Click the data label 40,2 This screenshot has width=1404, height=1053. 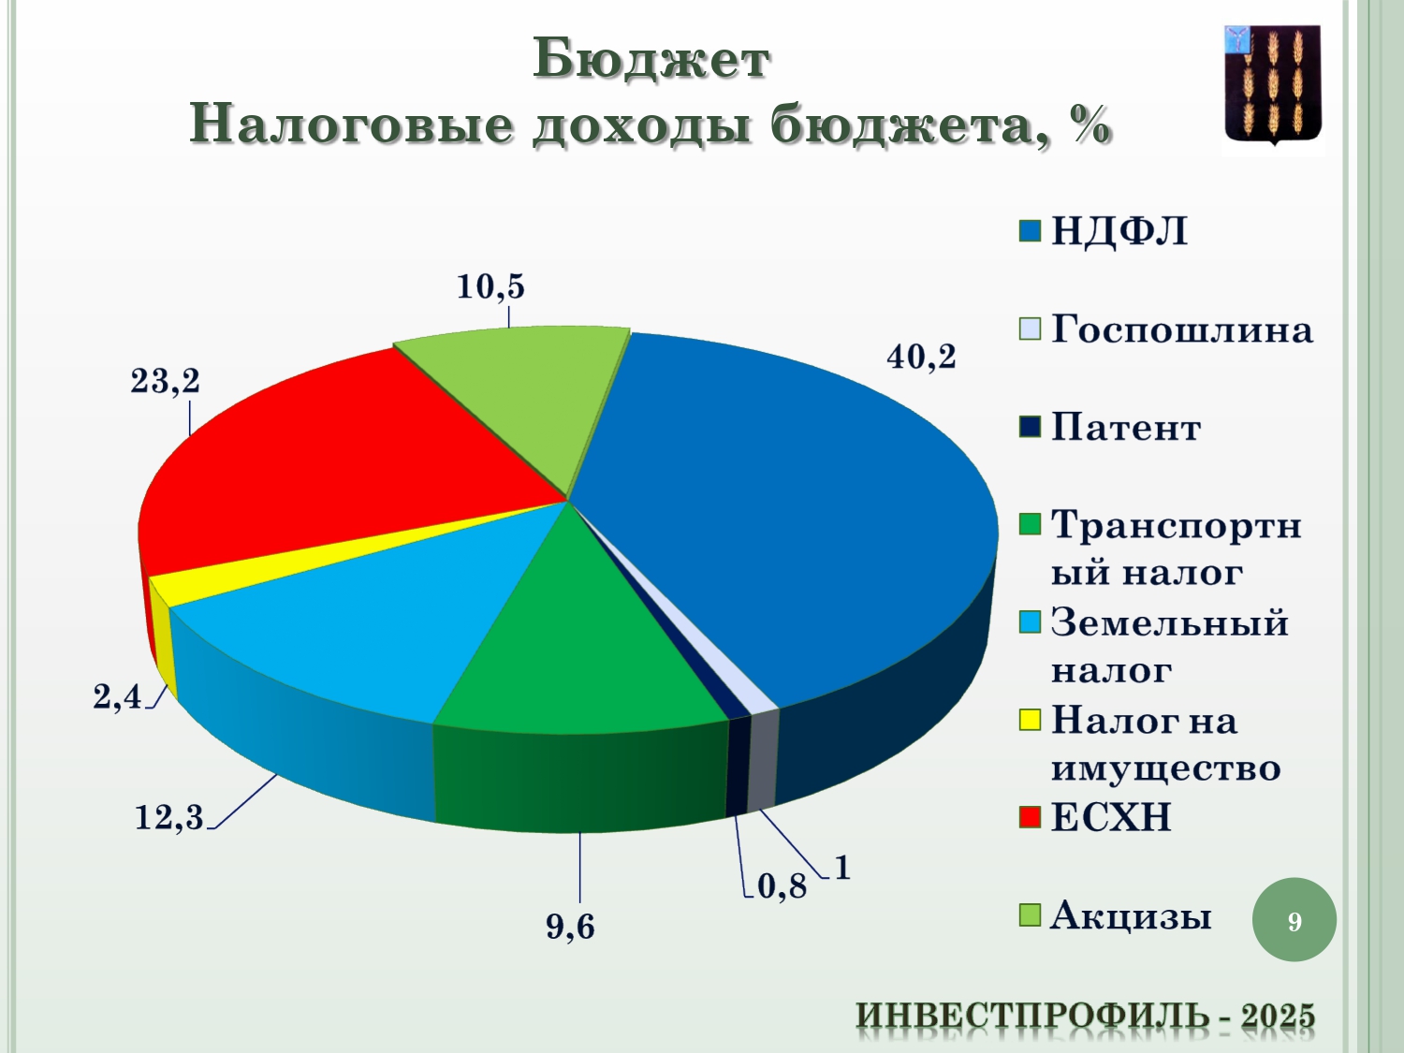[921, 357]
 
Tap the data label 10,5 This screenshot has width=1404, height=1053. [490, 286]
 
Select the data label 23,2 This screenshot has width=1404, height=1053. [165, 381]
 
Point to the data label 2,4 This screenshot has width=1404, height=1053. [117, 696]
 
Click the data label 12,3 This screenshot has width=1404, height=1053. [168, 817]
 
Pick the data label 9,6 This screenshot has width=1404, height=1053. [571, 927]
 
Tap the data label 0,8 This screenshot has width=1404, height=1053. [782, 886]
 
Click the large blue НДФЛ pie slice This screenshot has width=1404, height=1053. [799, 511]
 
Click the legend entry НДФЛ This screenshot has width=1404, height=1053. [1104, 231]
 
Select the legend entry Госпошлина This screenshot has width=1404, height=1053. [1165, 329]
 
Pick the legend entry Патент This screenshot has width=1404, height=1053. [1110, 428]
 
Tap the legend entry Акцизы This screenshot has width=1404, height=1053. [1115, 915]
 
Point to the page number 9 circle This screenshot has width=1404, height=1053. [1294, 921]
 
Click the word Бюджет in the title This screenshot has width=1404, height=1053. [651, 60]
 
